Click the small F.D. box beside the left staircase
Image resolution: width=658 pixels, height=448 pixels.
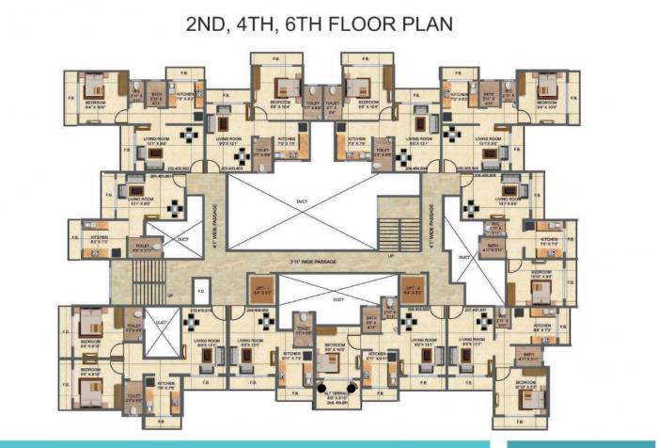tap(199, 288)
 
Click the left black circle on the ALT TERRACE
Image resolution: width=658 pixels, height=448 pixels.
tap(321, 387)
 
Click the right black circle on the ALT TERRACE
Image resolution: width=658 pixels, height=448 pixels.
tap(351, 387)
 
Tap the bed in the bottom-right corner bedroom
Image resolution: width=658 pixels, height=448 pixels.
tap(531, 375)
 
